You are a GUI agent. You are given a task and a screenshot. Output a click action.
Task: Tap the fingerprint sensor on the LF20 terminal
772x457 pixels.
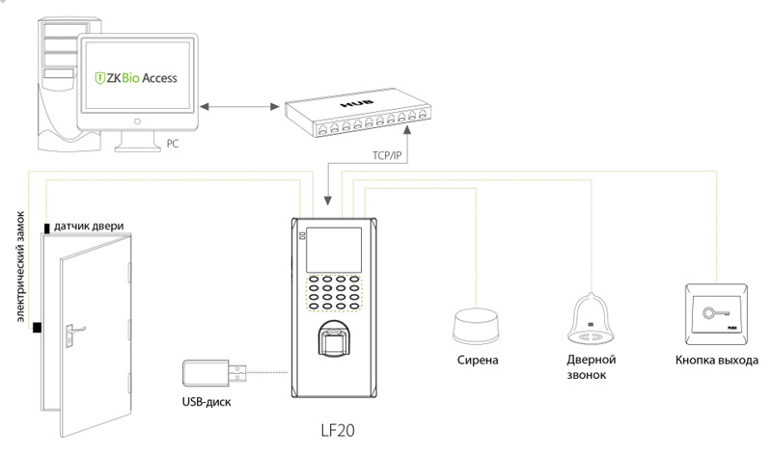(335, 343)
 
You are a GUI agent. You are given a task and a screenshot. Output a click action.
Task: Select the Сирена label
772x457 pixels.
(478, 361)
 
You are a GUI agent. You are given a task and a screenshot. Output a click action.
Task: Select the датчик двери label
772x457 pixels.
(89, 226)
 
